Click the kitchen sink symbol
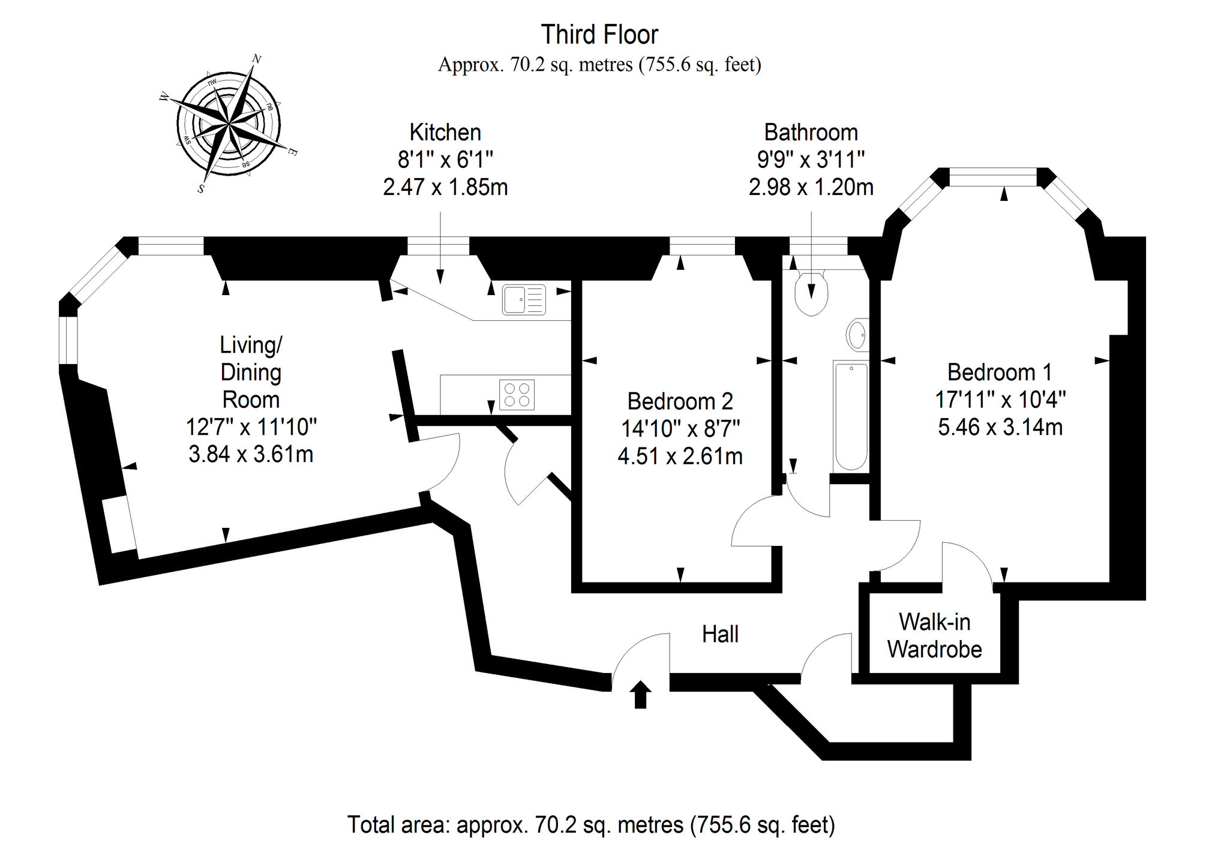524,299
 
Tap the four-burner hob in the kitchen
517,395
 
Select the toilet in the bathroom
811,293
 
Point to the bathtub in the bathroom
851,416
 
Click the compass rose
229,124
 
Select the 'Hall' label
720,634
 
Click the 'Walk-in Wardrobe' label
934,636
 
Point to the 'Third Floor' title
599,35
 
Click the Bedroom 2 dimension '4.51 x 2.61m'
680,456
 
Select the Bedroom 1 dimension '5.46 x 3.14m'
1000,427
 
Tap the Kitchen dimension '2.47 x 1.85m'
445,187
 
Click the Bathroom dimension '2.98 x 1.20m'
811,187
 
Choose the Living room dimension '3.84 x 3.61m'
251,454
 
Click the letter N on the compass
256,59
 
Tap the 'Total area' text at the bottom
591,825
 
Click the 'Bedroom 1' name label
1000,373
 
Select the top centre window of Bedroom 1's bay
992,178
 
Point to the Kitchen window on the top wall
438,246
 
